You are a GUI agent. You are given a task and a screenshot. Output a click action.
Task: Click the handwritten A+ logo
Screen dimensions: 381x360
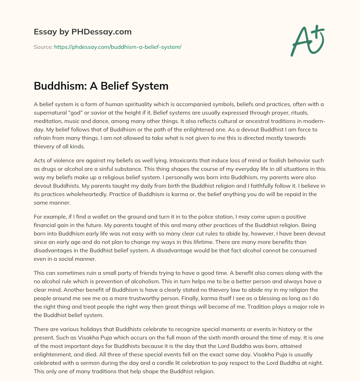[307, 40]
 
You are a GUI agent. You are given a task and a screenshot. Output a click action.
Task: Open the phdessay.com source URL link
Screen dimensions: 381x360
[117, 47]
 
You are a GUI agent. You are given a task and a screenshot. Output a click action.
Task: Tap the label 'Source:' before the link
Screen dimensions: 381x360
[43, 47]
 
